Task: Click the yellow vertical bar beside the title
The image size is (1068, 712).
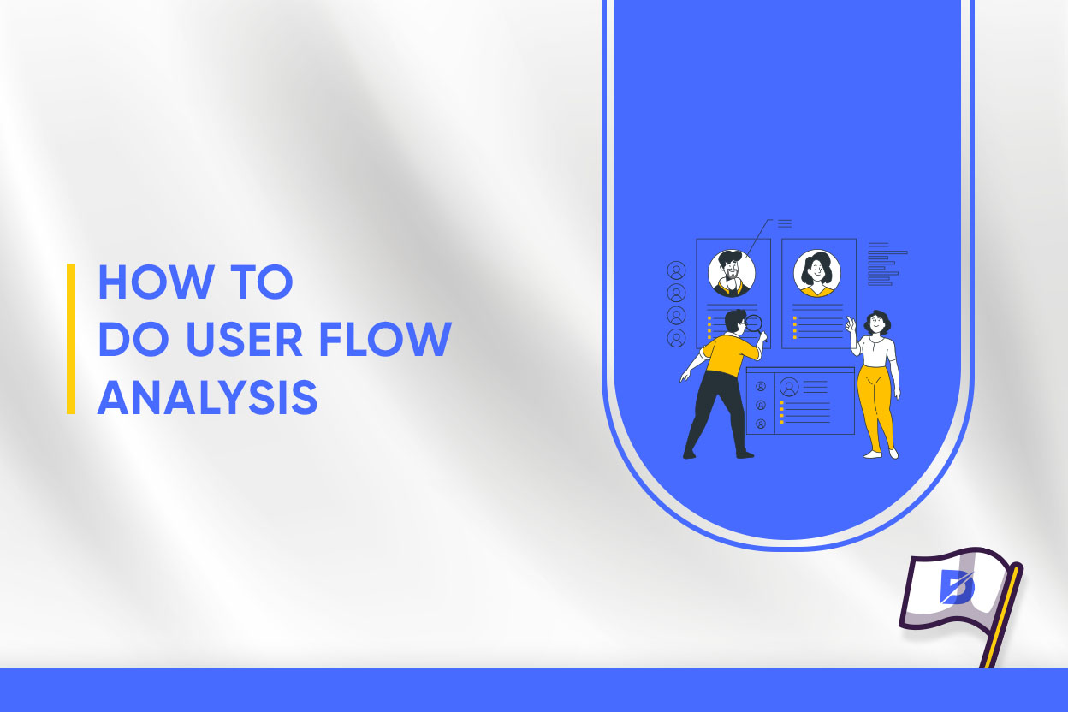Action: (71, 339)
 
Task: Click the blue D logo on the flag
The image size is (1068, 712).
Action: (956, 589)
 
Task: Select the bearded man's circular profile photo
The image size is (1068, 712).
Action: (732, 273)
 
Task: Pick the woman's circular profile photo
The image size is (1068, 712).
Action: (816, 273)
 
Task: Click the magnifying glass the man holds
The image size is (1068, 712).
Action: (755, 323)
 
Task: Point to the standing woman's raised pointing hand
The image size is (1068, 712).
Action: (850, 323)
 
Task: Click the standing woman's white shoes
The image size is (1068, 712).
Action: (881, 454)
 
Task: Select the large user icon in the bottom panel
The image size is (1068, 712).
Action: (789, 388)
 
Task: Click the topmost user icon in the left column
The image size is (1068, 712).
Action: (677, 271)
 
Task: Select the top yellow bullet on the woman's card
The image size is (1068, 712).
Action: (795, 318)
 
